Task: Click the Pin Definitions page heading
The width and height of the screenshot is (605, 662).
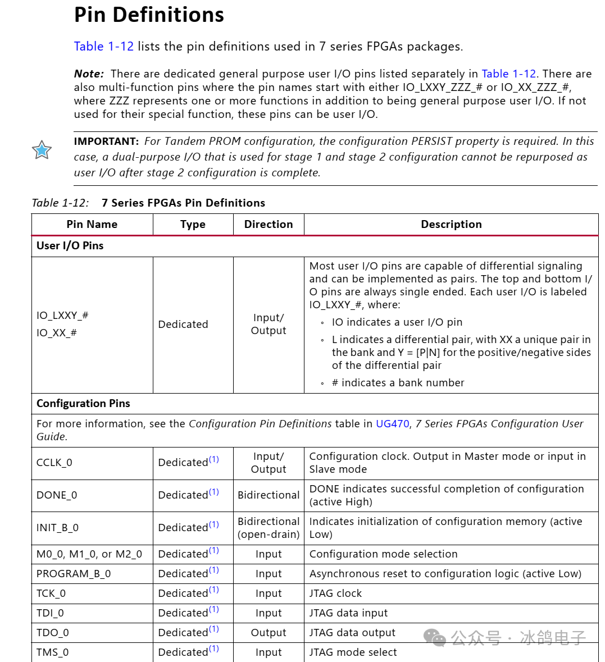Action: (149, 15)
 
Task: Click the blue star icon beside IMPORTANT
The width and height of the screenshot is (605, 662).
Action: (42, 150)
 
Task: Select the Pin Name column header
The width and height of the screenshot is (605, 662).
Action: (92, 224)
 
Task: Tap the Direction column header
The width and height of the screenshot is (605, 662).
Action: (269, 224)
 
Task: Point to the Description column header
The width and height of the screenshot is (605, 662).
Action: (451, 224)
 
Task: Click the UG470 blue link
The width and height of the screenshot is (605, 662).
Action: (392, 424)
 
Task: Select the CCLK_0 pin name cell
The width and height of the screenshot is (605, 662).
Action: (54, 463)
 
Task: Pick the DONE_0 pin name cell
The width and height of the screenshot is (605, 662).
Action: (57, 495)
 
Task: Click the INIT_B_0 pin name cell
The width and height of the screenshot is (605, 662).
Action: (57, 528)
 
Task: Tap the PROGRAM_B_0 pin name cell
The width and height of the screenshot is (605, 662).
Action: (74, 574)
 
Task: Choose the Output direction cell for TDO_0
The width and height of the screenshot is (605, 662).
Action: (269, 633)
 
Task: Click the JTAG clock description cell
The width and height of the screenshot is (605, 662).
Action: (335, 593)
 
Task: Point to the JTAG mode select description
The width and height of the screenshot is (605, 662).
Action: (353, 652)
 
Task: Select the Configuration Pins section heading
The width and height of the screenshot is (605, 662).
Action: (83, 404)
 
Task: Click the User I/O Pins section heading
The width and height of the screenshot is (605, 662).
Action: (70, 246)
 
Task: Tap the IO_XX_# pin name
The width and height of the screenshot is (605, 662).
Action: (56, 333)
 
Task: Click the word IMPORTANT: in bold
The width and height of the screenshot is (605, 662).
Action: (106, 141)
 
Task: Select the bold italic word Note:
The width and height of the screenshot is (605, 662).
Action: (89, 74)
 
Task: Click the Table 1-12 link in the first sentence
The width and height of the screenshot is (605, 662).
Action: (104, 47)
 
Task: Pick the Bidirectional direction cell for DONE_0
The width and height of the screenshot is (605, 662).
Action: (269, 495)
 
